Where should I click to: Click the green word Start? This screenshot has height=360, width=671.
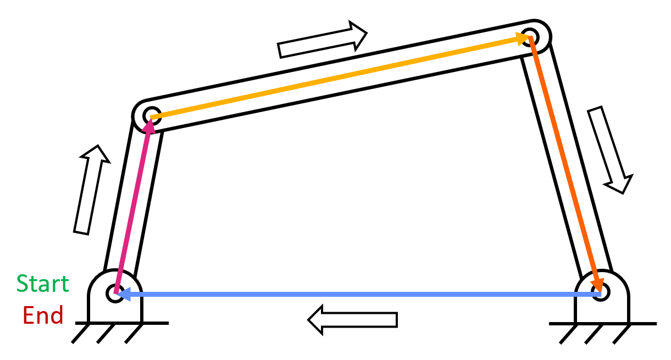coord(43,283)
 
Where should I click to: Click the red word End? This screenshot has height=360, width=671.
coord(43,315)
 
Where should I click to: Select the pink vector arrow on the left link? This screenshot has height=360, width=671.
coord(133,206)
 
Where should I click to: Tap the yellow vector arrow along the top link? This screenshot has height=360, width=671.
coord(341,76)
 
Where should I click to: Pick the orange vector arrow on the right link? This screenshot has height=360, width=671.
coord(565,164)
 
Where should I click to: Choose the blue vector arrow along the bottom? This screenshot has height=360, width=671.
coord(358,295)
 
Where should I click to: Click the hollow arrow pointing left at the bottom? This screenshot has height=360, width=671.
coord(353,320)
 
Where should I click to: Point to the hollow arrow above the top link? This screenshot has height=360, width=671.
coord(323,40)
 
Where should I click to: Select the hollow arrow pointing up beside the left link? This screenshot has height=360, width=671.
coord(92,190)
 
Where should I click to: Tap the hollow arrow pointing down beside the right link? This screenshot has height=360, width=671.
coord(610,150)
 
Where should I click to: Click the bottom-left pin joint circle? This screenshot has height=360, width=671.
coord(115,293)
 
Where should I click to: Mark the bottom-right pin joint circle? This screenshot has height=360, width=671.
coord(601,292)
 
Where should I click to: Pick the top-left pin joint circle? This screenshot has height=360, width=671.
coord(152,116)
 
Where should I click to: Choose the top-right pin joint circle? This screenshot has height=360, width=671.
coord(530,37)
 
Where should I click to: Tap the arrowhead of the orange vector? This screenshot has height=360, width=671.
coord(598,285)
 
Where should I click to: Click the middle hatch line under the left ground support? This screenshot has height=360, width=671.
coord(106,334)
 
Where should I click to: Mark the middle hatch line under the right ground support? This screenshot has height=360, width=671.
coord(594,334)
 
